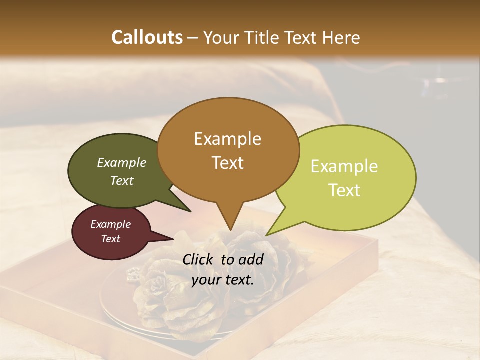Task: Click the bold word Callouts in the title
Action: tap(147, 37)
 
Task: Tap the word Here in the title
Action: tap(341, 37)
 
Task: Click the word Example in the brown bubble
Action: tap(227, 139)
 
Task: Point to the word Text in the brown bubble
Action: tap(227, 163)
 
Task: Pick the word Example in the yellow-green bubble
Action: tap(344, 166)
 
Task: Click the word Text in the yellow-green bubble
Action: tap(344, 190)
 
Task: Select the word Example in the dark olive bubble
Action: tap(121, 163)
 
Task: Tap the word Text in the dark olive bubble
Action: tap(121, 181)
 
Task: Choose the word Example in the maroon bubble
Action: tap(110, 224)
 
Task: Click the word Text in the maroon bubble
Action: tap(110, 239)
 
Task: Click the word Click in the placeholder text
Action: tap(199, 260)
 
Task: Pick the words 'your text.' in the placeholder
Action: tap(223, 280)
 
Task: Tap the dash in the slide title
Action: tap(193, 37)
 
